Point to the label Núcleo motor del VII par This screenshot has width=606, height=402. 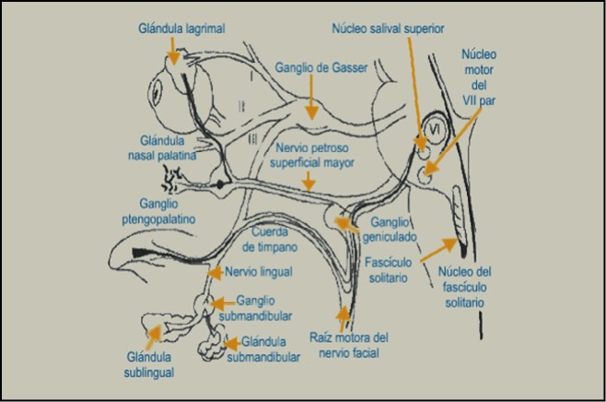[x=479, y=79]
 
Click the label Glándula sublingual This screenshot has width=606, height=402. [x=149, y=365]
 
